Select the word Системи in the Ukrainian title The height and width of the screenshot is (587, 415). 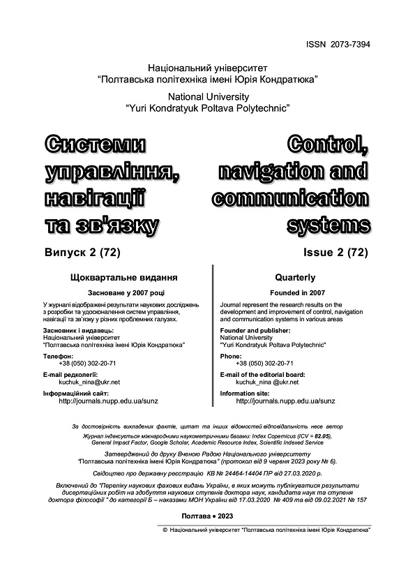pos(96,146)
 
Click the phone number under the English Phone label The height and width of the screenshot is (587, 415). pos(264,364)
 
